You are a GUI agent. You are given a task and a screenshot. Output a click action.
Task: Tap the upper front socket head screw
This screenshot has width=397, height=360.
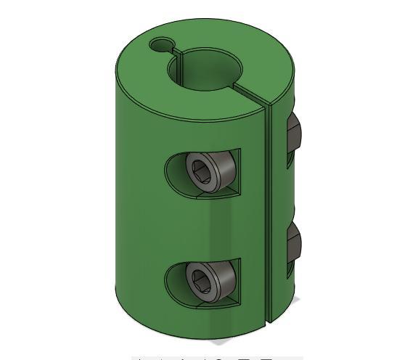[212, 171]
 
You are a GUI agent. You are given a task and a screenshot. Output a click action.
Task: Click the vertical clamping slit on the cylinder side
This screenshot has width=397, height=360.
[268, 218]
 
